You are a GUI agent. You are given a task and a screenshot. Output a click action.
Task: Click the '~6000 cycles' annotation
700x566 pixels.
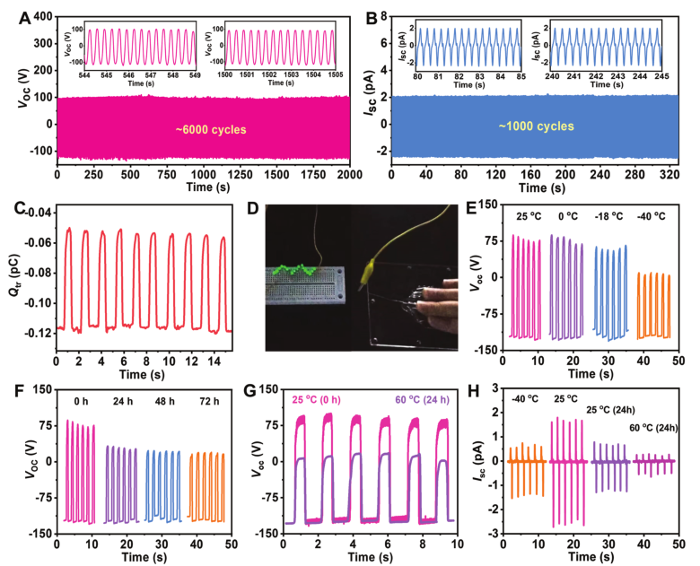click(x=206, y=128)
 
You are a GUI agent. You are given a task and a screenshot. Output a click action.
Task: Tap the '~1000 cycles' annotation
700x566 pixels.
click(x=538, y=126)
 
